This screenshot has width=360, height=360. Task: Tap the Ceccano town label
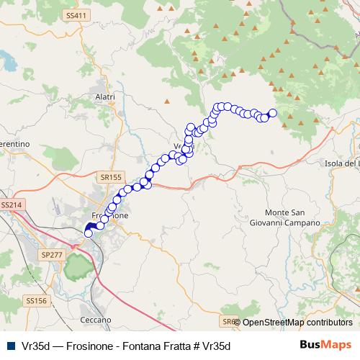coord(96,319)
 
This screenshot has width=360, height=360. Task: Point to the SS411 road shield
coord(75,15)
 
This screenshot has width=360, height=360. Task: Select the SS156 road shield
coord(35,300)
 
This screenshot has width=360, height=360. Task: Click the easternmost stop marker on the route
coord(273,112)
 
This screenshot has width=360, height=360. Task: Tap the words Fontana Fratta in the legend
coord(152,346)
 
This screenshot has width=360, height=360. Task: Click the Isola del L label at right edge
coord(342,163)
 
